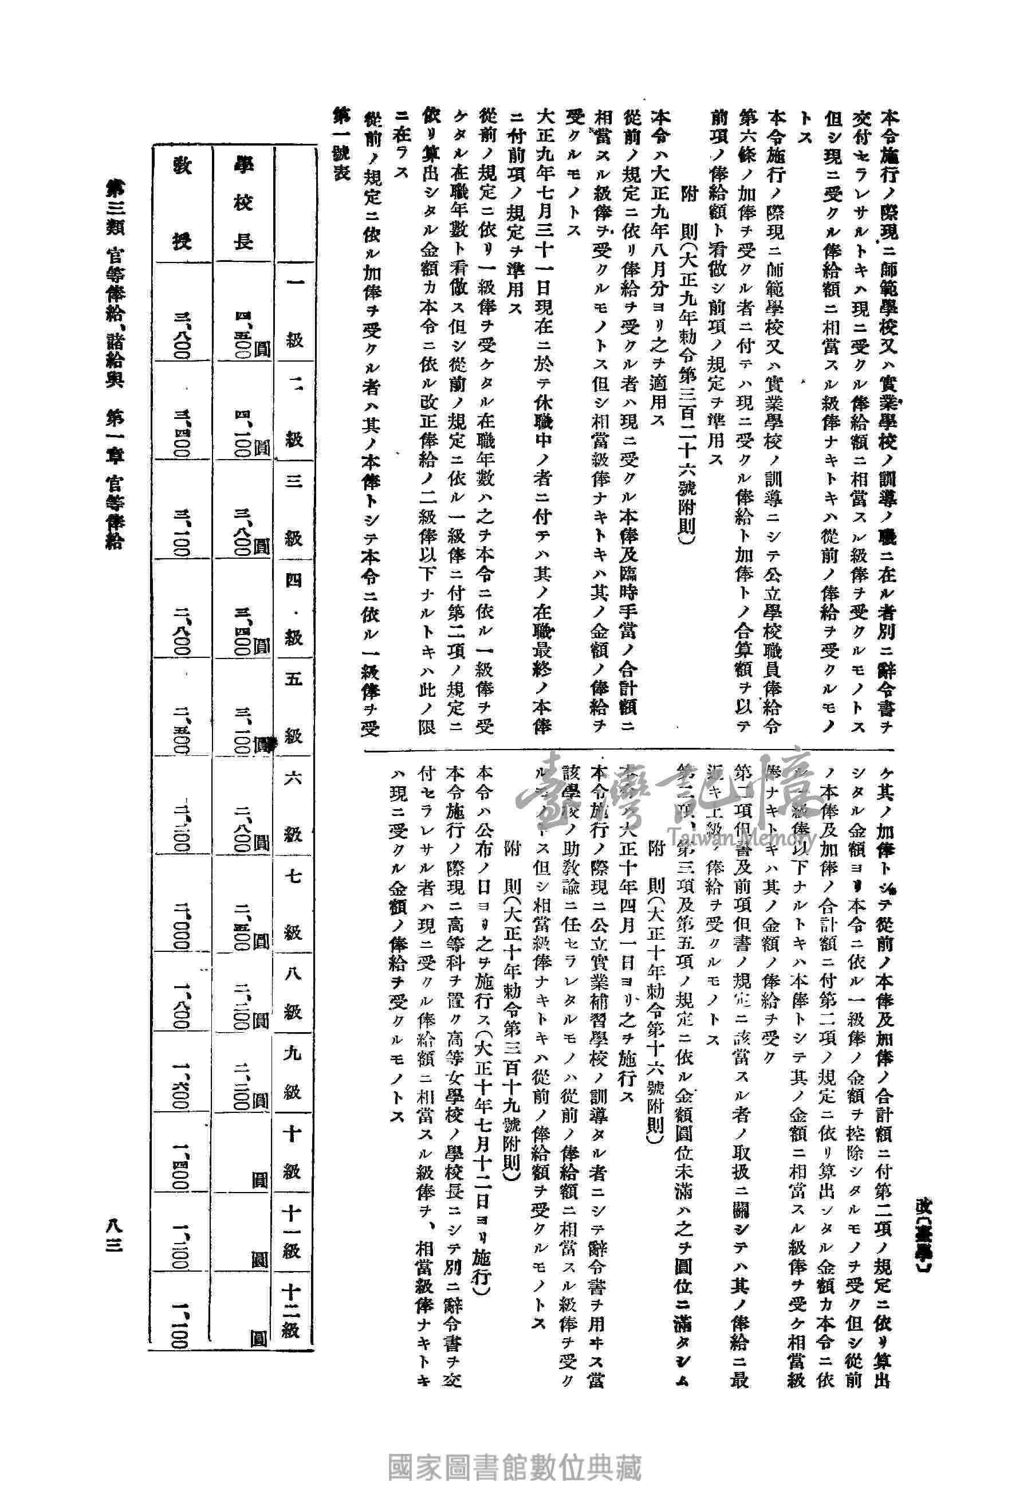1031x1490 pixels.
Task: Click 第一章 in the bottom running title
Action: pyautogui.click(x=115, y=432)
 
